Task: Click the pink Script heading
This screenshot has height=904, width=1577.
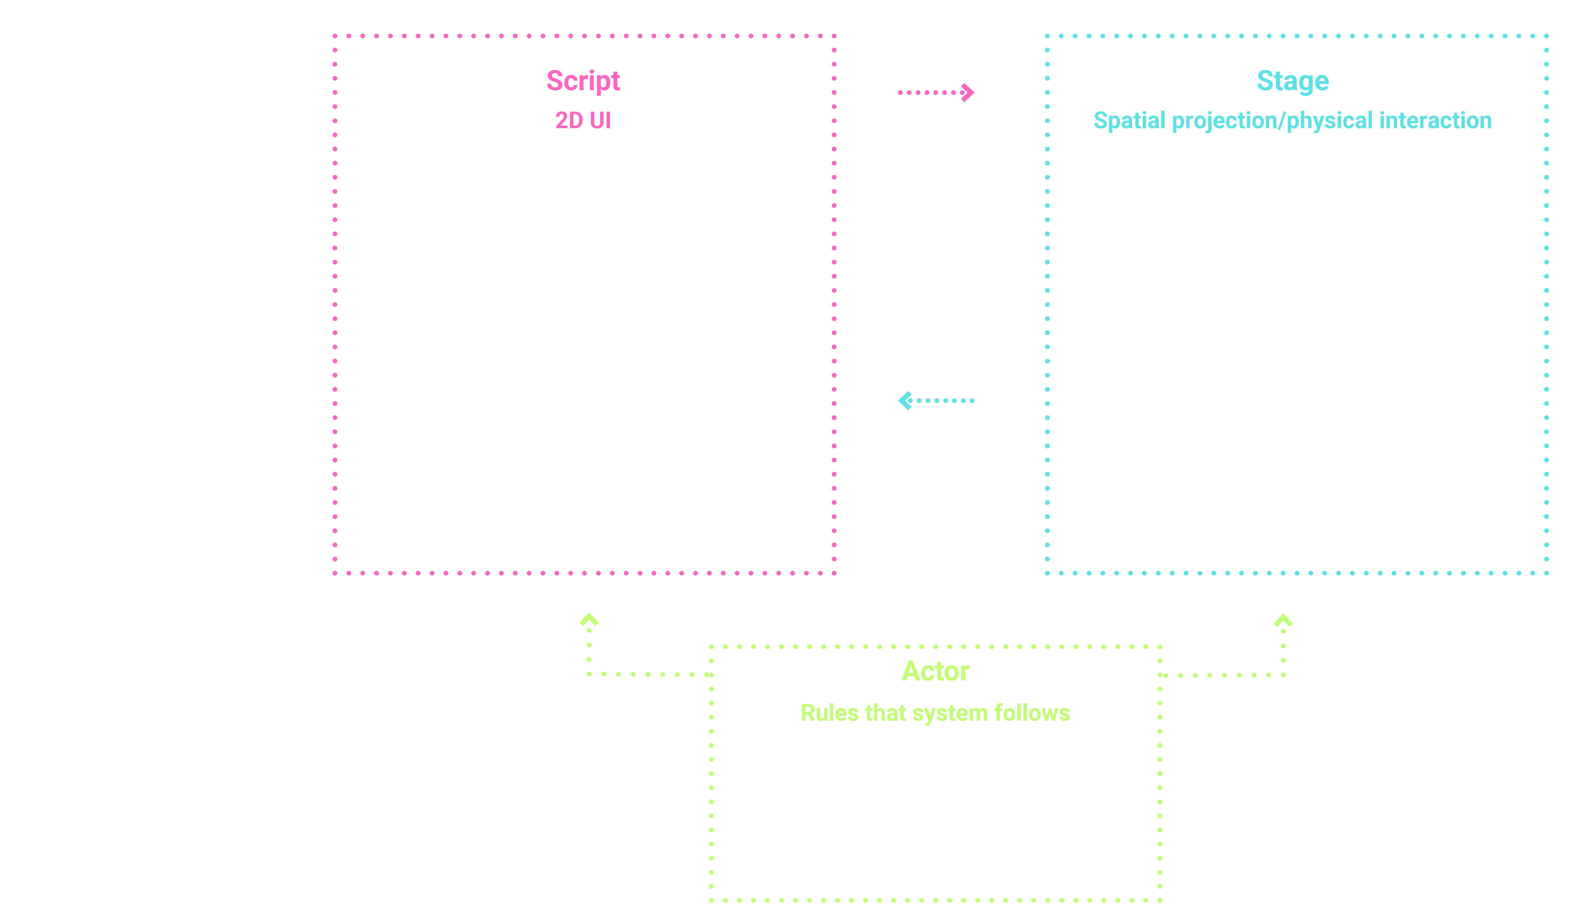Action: (x=583, y=81)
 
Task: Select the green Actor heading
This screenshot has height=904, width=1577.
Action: (x=935, y=672)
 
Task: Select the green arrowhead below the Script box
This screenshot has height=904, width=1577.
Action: (x=589, y=619)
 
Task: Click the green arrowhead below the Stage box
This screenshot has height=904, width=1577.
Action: (x=1283, y=620)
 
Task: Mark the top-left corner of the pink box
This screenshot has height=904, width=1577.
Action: (x=335, y=36)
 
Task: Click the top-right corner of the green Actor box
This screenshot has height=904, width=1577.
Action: (x=1159, y=647)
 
